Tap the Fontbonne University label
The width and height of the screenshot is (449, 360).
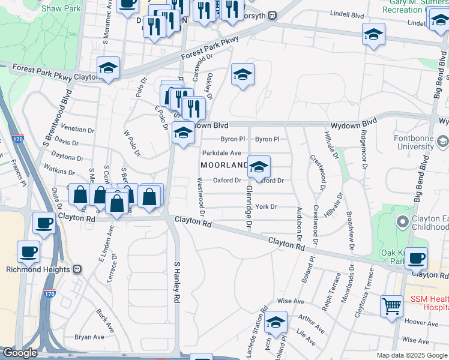[420, 147]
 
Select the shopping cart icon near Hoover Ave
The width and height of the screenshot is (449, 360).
[391, 306]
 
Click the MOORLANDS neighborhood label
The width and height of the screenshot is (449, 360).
[224, 165]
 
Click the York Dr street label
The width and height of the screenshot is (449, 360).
[265, 207]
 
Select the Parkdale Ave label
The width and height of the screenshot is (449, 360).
[221, 153]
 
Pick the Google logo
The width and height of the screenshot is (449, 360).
[20, 353]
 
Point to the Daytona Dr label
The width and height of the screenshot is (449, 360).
[67, 157]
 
